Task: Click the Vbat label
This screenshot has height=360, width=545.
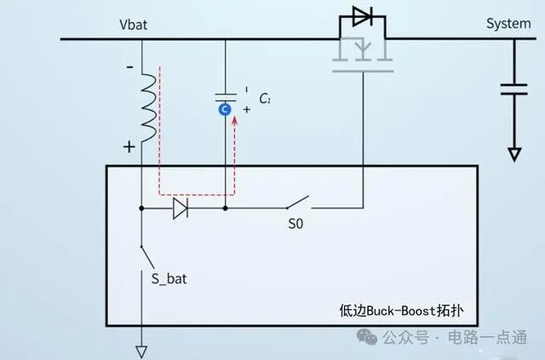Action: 133,25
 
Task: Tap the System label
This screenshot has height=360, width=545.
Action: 508,24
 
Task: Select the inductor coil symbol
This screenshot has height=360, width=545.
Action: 149,108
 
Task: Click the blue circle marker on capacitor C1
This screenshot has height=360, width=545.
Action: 225,110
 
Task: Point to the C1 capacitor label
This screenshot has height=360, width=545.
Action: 265,99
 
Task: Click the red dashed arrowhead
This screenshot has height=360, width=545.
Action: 235,121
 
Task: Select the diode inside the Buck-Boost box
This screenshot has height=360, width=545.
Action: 181,209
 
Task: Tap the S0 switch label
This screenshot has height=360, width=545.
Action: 295,224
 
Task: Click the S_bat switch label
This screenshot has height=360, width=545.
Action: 169,279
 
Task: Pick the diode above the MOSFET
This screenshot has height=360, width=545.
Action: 363,16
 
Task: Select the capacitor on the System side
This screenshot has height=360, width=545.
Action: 514,89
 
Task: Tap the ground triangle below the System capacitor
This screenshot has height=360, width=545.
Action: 514,154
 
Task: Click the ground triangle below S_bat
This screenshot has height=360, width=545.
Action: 141,351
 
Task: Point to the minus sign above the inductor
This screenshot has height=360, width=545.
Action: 129,66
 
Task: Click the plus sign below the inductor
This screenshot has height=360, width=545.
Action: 129,147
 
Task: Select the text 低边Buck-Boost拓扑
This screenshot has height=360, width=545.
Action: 401,311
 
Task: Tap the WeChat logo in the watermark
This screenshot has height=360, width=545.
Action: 367,336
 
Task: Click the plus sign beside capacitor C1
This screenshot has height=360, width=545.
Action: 247,110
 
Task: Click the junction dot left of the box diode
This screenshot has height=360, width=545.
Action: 141,209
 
